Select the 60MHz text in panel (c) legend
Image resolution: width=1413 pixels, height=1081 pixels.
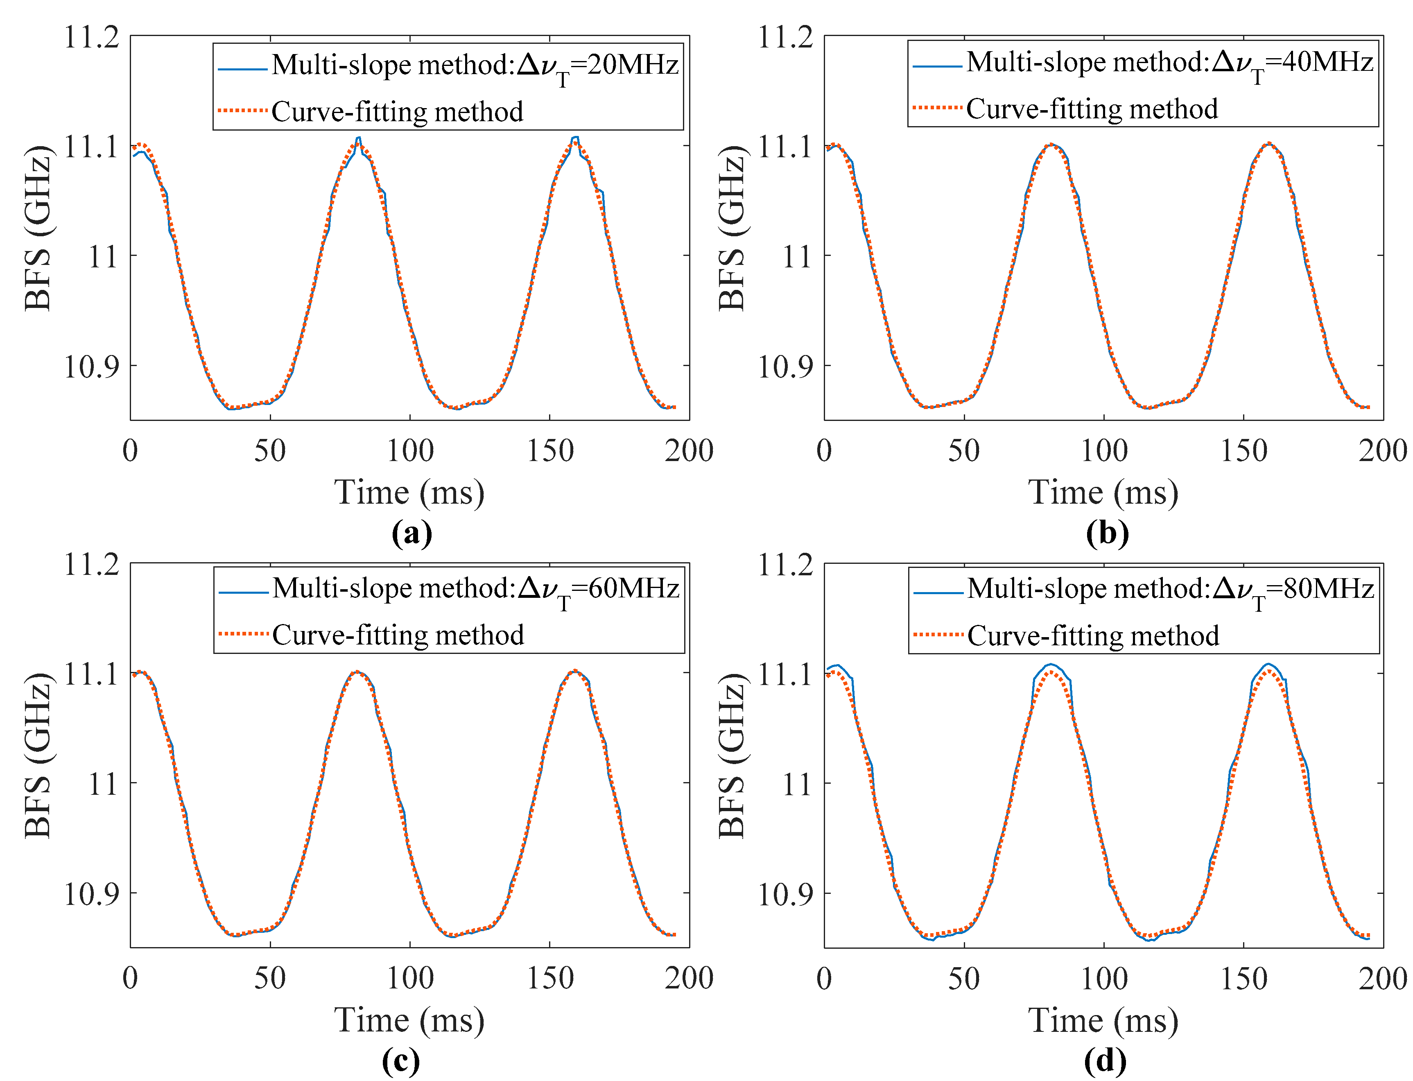click(x=634, y=588)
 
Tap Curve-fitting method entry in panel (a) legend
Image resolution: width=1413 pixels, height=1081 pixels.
click(x=397, y=112)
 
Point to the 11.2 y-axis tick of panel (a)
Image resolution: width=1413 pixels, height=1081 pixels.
click(x=91, y=37)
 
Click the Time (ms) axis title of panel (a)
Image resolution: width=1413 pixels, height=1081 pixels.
click(x=409, y=493)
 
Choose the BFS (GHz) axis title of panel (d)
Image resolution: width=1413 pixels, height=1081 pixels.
click(x=732, y=755)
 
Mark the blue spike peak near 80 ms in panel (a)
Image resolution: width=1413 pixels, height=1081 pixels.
click(x=358, y=138)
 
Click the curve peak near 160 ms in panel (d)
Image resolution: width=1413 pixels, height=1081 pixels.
click(x=1268, y=664)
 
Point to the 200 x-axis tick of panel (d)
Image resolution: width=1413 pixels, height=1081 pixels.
click(x=1382, y=979)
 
